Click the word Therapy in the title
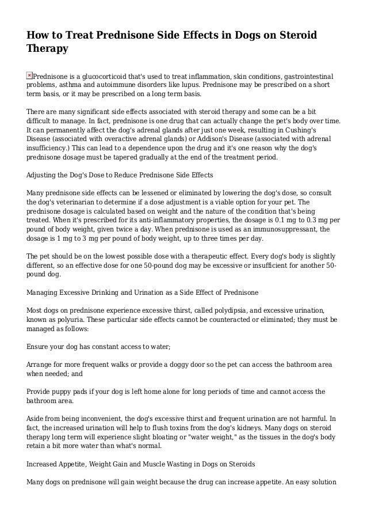[48, 48]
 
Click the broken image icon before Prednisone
[30, 75]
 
